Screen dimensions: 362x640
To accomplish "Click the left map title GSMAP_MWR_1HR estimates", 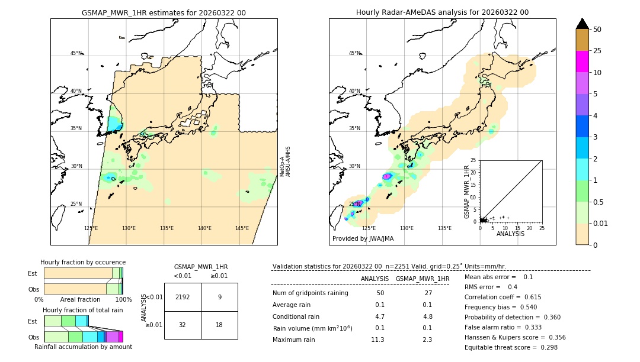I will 164,12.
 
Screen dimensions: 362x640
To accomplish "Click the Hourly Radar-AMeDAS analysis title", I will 442,12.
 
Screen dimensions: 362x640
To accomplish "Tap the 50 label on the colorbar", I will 597,29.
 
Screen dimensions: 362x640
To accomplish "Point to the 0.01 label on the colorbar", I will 601,223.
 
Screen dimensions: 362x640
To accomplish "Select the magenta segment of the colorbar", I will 583,62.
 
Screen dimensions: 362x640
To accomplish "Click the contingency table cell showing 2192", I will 183,298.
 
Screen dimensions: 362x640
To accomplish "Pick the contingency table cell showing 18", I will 219,325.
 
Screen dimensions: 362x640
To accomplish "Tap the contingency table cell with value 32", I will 183,325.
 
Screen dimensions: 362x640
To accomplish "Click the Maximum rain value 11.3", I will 377,340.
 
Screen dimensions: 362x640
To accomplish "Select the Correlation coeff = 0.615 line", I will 502,297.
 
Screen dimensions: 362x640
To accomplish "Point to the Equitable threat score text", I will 511,347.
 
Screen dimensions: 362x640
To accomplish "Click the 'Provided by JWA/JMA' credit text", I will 363,239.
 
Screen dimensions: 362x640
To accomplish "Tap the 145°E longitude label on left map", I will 242,228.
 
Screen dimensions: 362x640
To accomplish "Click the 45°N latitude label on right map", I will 354,53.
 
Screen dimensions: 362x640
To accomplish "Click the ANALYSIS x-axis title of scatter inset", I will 510,234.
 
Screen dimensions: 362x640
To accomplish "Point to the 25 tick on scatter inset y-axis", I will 473,160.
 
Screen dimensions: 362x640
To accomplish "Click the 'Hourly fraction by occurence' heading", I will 83,262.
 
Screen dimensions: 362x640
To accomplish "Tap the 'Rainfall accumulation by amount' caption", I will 83,347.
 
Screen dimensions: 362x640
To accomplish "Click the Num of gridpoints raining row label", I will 310,293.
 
